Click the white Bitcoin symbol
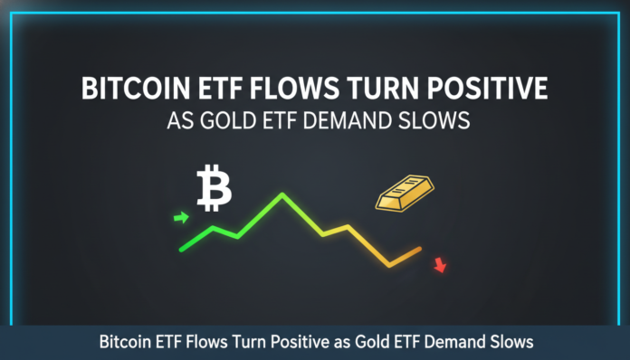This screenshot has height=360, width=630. click(215, 187)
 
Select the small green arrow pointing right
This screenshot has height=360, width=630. click(181, 217)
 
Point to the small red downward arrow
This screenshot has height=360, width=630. click(440, 265)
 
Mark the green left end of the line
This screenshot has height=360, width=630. click(182, 249)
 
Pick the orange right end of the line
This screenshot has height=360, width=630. click(420, 248)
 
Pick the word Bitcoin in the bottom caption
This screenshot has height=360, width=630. click(126, 343)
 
